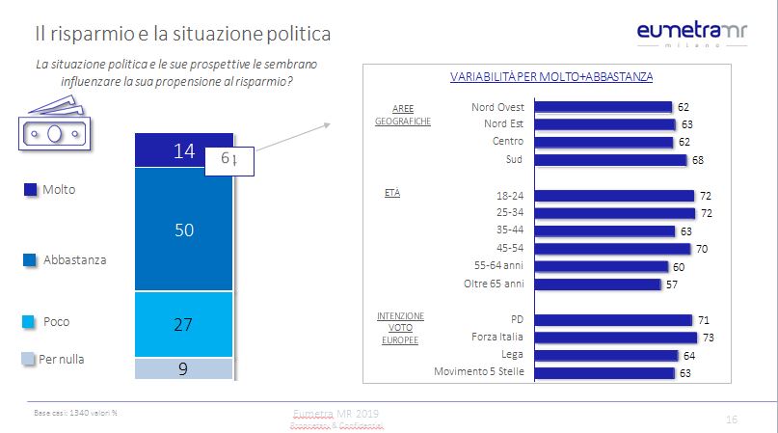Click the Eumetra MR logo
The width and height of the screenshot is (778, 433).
691,33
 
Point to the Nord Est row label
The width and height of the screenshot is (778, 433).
502,123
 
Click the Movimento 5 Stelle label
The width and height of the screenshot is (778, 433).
479,372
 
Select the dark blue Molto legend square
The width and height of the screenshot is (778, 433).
30,190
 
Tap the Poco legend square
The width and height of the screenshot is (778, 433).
30,322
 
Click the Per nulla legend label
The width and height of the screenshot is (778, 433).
61,360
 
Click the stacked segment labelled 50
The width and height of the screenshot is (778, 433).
184,230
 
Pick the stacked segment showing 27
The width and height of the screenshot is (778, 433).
184,324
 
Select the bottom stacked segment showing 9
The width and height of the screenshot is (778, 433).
184,367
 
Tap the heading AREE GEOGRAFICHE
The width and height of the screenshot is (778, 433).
403,115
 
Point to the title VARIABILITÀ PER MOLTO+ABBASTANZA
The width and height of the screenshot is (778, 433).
552,76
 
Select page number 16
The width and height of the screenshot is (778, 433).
731,419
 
